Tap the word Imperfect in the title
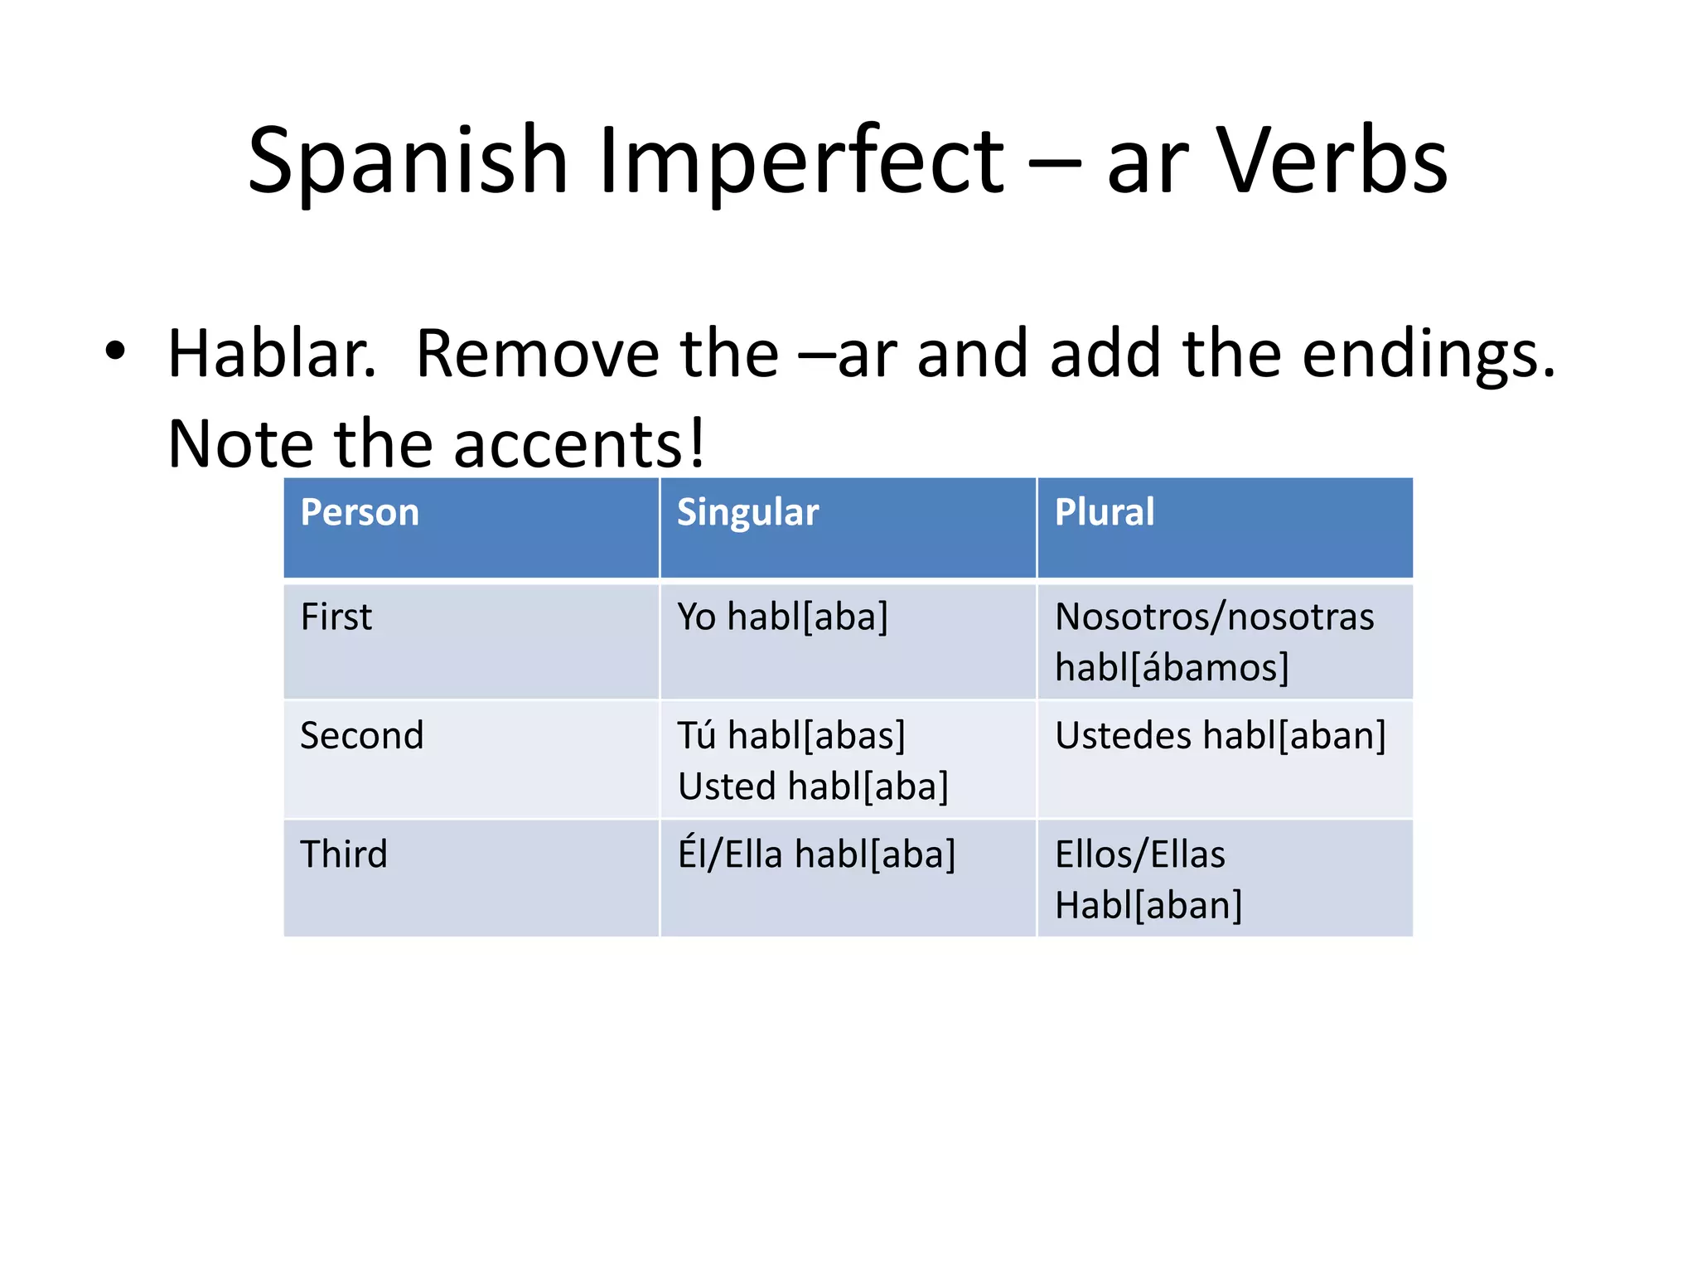[800, 162]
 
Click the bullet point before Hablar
[115, 351]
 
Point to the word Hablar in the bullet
[272, 354]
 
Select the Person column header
[360, 512]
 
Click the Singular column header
[747, 512]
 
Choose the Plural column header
[1104, 512]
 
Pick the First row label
[336, 617]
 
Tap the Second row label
[361, 736]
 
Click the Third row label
[343, 854]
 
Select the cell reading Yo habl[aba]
[782, 617]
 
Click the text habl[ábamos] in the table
[1172, 668]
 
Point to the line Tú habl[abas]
[791, 736]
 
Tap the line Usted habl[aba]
[813, 787]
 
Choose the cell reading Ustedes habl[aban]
[1220, 736]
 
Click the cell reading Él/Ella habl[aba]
[816, 854]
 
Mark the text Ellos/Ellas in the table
[1139, 854]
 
